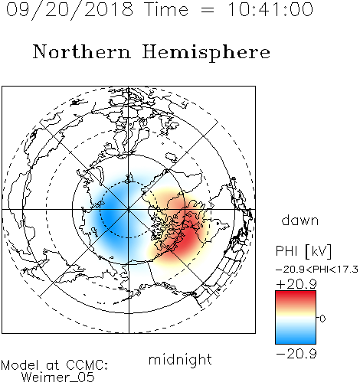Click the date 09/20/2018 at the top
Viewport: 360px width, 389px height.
(70, 10)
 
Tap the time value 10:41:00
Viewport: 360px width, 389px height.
(270, 10)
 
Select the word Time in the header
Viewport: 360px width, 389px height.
(166, 10)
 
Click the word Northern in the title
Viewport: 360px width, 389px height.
(82, 52)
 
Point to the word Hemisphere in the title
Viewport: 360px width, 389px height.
(206, 53)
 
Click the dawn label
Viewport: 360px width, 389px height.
(300, 220)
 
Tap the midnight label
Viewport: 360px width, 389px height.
(180, 359)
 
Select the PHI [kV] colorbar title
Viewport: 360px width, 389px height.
(303, 251)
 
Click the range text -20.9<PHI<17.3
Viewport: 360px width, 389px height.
(317, 270)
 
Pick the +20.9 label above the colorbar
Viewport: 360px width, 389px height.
(296, 284)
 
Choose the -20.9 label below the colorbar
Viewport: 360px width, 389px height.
(296, 354)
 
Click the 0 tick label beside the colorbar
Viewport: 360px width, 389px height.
(322, 319)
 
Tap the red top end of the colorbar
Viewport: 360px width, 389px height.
(296, 293)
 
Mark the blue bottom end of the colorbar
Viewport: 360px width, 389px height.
(296, 342)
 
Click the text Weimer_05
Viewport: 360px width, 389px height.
(58, 378)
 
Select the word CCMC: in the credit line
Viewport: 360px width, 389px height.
(87, 365)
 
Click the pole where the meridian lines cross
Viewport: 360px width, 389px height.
(129, 210)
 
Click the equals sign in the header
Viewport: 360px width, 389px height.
(208, 11)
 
